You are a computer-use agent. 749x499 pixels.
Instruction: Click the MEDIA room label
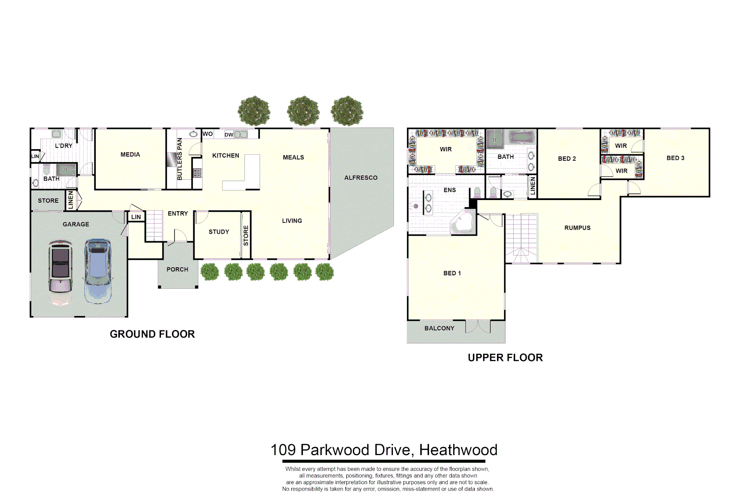click(x=130, y=155)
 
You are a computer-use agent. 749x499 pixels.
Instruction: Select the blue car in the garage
click(x=98, y=271)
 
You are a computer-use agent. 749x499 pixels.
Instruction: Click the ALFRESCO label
click(x=361, y=178)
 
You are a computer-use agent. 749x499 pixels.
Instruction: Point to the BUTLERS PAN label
click(x=180, y=159)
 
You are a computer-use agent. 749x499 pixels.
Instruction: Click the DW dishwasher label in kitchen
click(x=229, y=135)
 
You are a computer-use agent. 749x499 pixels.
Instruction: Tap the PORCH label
click(x=177, y=269)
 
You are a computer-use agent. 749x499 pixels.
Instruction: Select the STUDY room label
click(x=219, y=232)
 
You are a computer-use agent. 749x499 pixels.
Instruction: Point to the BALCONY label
click(x=439, y=329)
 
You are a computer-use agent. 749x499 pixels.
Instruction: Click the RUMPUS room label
click(x=577, y=228)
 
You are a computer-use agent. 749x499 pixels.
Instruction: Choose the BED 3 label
click(x=675, y=158)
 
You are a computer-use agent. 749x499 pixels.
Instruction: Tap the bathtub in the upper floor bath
click(x=522, y=138)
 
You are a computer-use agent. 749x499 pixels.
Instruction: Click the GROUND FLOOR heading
click(x=152, y=334)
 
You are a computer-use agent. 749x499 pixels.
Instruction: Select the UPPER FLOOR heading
click(x=505, y=358)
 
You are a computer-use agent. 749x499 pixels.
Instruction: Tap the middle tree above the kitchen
click(x=303, y=111)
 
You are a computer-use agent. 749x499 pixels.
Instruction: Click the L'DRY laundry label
click(x=64, y=146)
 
